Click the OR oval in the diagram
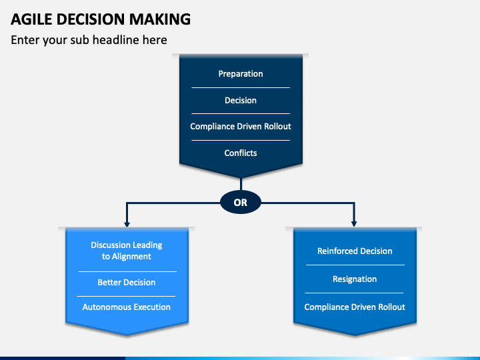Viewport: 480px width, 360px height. click(x=241, y=203)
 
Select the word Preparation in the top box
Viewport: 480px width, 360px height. click(x=241, y=74)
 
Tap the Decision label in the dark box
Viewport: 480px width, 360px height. click(x=241, y=101)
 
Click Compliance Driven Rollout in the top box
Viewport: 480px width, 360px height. click(x=241, y=127)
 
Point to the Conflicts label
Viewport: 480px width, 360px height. click(x=241, y=153)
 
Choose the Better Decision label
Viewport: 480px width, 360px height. click(x=127, y=282)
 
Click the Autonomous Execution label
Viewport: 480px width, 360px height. click(x=127, y=307)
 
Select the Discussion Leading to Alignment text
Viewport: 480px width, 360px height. click(x=127, y=251)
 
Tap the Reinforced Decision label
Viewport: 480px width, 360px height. click(x=355, y=251)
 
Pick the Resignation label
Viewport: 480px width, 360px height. click(x=355, y=279)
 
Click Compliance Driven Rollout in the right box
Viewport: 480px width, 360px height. click(x=355, y=307)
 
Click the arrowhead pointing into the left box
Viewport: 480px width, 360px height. click(x=127, y=224)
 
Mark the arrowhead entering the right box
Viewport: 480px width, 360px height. click(x=354, y=224)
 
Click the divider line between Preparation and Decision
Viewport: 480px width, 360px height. click(x=241, y=87)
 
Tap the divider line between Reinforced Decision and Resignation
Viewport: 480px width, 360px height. click(x=355, y=265)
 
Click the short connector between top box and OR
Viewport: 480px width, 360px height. click(x=241, y=184)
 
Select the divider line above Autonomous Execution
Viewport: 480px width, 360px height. click(x=126, y=296)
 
